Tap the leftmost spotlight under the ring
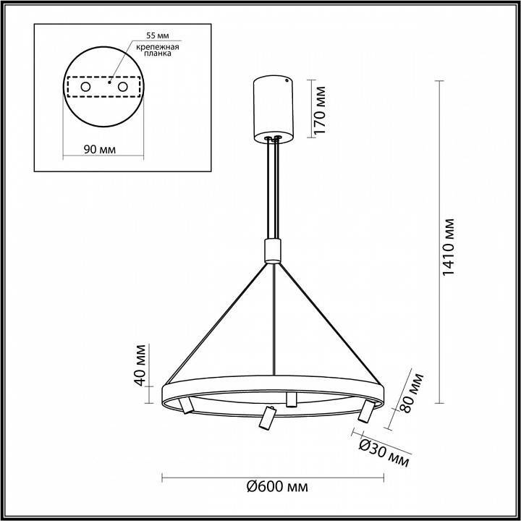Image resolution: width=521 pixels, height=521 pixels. (x=187, y=407)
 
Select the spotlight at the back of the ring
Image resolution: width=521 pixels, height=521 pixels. (x=292, y=399)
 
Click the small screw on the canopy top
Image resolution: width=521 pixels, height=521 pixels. (x=287, y=82)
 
